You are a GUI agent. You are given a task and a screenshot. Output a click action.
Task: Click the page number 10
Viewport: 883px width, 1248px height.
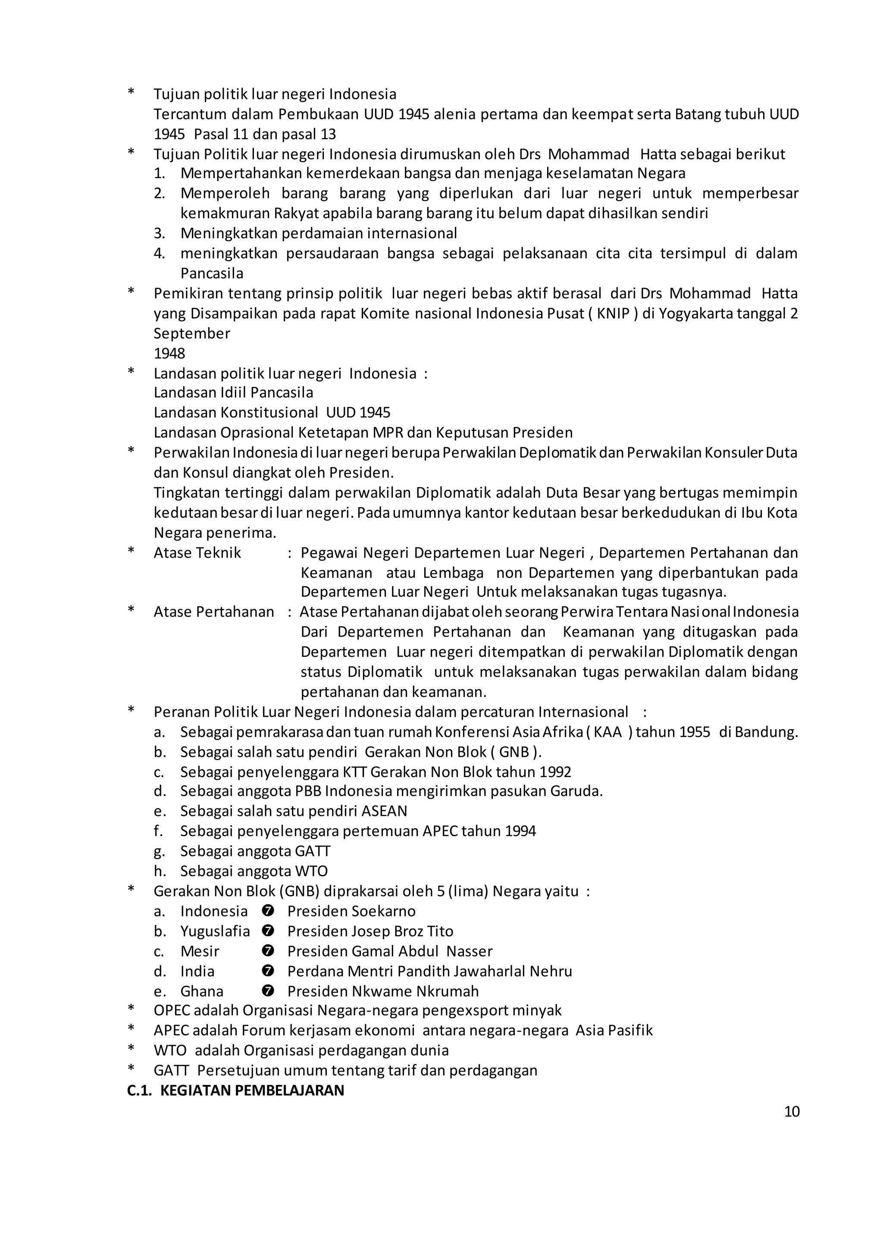pos(792,1111)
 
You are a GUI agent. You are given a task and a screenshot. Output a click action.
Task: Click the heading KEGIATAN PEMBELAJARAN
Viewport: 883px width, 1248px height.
pos(252,1090)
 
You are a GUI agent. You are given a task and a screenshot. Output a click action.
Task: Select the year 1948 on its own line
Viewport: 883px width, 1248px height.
pos(169,354)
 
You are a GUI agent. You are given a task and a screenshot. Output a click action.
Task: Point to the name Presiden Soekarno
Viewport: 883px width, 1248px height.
pos(351,911)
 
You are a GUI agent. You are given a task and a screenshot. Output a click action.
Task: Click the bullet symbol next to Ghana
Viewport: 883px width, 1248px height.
pos(267,991)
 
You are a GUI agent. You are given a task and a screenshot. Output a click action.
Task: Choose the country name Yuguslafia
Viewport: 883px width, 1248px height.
pos(215,931)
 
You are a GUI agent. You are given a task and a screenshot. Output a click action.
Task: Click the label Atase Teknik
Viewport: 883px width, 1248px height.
pos(197,552)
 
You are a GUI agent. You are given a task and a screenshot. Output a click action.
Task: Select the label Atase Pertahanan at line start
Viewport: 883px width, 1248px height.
pos(214,612)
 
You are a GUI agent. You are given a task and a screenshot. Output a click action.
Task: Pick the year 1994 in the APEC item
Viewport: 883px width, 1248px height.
pos(520,831)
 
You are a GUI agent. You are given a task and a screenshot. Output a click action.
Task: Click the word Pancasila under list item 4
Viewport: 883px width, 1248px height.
pos(212,273)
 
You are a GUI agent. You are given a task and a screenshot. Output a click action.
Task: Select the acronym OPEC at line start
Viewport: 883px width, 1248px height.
pos(172,1010)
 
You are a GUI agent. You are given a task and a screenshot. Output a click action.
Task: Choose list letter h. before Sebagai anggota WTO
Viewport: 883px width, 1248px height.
pos(159,871)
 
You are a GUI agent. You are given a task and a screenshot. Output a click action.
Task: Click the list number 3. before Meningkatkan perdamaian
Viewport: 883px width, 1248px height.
pos(159,233)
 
